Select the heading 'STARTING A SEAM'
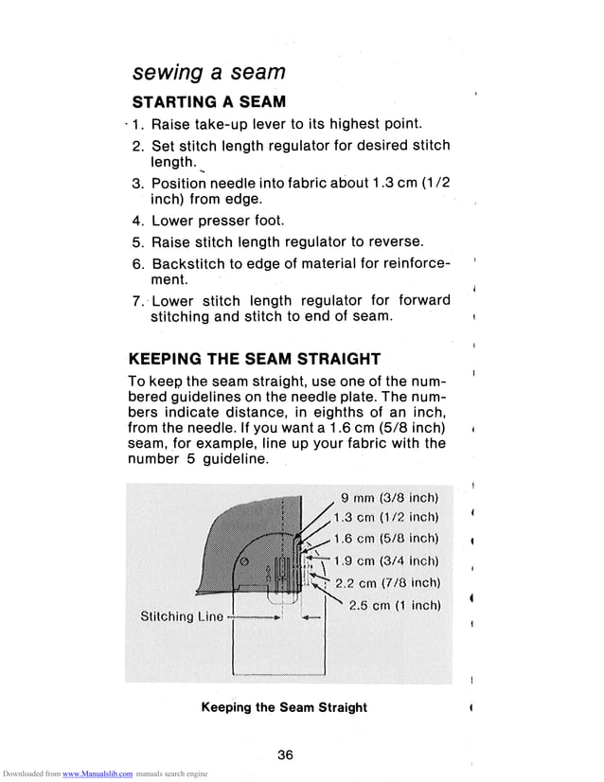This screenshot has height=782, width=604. [208, 101]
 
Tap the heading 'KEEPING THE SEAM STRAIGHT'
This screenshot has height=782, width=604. [254, 359]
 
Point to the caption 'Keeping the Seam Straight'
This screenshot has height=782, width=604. [284, 707]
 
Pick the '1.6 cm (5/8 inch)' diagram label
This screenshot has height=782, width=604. [390, 538]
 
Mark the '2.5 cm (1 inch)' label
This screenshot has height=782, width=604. [396, 605]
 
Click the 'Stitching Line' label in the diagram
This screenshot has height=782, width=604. [182, 617]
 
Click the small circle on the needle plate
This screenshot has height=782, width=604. [243, 561]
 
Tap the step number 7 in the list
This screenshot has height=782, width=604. [137, 301]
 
